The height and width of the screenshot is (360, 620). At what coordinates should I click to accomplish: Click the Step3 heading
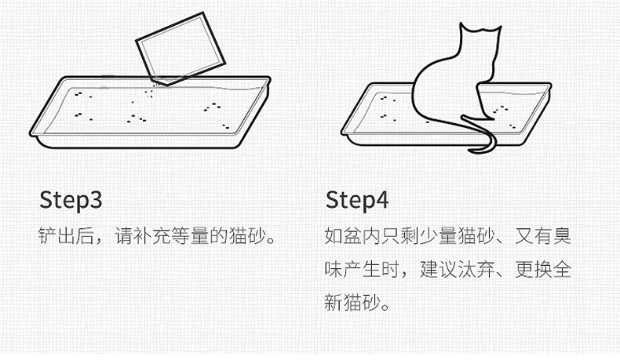[x=71, y=201]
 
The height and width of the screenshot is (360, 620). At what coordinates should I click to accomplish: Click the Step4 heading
[x=357, y=201]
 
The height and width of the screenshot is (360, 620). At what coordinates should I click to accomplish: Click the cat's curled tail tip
[x=472, y=151]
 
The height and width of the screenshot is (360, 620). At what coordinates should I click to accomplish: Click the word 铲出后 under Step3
[x=66, y=235]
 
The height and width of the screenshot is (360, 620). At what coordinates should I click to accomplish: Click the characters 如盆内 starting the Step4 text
[x=352, y=235]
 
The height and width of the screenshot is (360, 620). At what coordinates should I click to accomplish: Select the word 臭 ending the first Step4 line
[x=562, y=235]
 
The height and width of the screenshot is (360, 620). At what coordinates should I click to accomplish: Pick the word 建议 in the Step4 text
[x=438, y=270]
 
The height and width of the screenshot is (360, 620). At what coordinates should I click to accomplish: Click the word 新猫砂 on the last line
[x=352, y=303]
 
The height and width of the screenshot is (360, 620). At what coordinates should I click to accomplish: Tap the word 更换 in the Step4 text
[x=534, y=270]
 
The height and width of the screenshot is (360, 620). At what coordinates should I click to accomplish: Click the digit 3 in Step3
[x=95, y=200]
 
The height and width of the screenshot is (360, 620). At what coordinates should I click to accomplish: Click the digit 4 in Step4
[x=381, y=200]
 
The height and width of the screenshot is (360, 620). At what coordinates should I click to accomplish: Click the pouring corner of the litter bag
[x=166, y=84]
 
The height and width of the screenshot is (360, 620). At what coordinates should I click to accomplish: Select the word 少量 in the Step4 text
[x=438, y=235]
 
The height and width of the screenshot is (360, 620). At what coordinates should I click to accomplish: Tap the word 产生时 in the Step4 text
[x=371, y=270]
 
